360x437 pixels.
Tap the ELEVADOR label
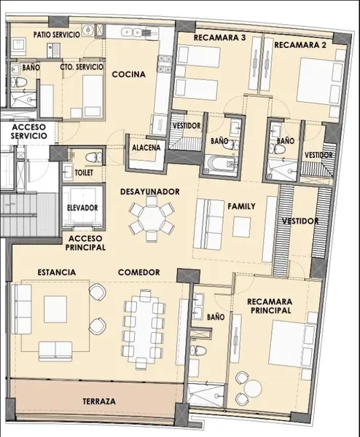[82, 208]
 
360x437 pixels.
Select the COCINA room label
[128, 74]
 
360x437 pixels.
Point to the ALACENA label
[146, 148]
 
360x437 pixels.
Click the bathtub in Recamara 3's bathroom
[220, 163]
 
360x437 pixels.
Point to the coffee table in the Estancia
[55, 309]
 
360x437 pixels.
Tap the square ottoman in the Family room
[241, 227]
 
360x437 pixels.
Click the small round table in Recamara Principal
[253, 387]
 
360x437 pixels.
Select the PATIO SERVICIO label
[57, 35]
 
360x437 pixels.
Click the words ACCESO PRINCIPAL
[85, 243]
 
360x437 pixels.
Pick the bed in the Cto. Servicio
[93, 95]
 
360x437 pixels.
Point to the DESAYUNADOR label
[150, 192]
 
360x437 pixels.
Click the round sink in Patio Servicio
[89, 29]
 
